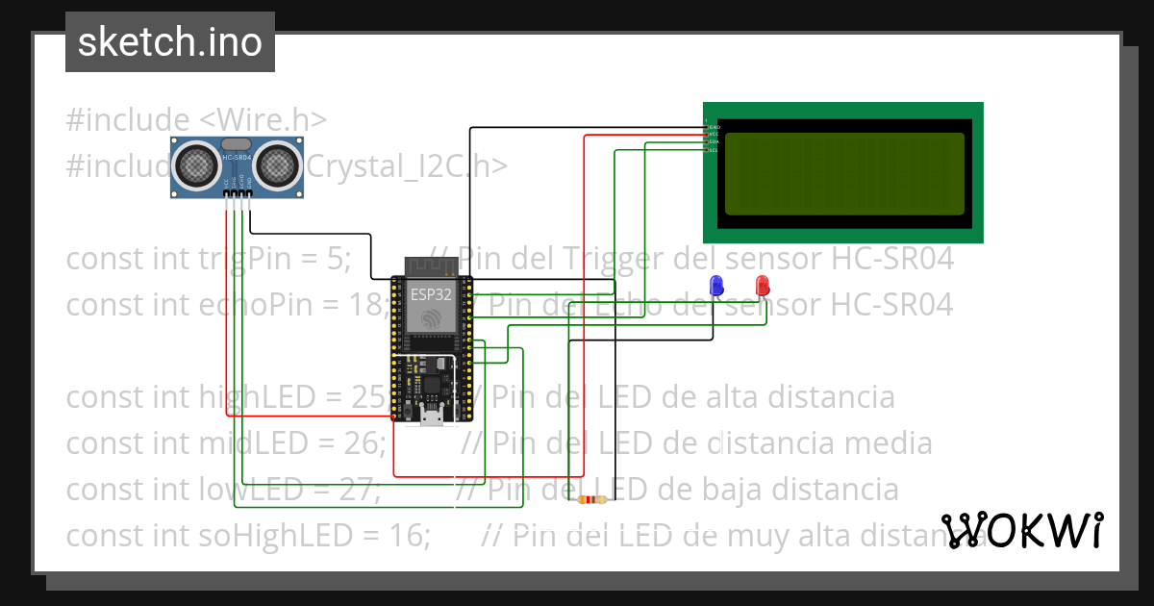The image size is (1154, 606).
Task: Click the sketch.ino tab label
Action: coord(170,42)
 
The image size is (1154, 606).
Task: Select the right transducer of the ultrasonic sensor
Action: coord(279,164)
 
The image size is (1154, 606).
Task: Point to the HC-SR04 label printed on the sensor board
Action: coord(237,156)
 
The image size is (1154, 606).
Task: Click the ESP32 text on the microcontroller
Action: coord(431,293)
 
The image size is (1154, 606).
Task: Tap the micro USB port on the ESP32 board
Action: coord(432,415)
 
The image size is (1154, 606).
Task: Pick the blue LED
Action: coord(715,285)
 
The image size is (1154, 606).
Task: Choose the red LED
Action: coord(763,285)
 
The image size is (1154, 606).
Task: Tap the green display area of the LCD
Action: coord(843,173)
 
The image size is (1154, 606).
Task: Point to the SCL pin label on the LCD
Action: coord(714,150)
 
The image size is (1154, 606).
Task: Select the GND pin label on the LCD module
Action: coord(714,127)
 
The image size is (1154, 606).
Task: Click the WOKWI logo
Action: coord(1021,530)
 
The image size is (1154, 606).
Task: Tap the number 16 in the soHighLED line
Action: coord(409,535)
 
